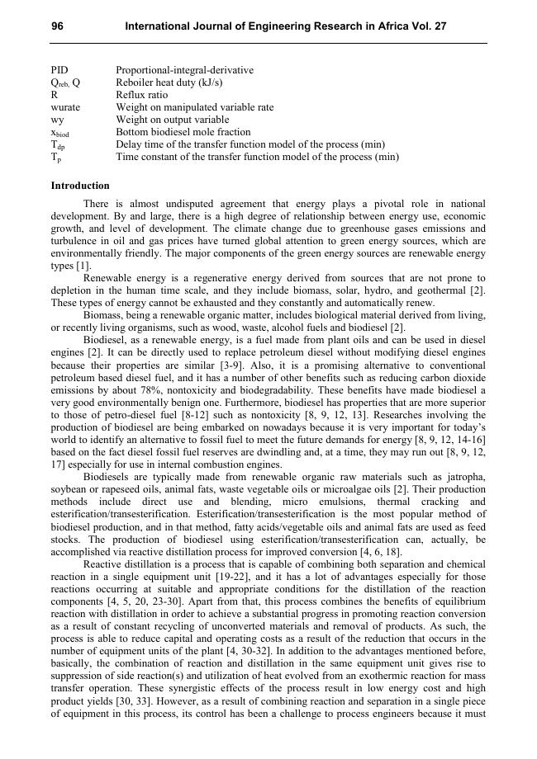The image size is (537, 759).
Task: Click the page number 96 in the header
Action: click(x=58, y=26)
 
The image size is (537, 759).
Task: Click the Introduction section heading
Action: click(x=80, y=186)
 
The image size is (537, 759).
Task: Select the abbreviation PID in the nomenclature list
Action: click(x=59, y=70)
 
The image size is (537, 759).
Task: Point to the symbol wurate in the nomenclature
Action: click(x=66, y=107)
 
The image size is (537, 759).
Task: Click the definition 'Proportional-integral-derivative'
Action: click(x=184, y=70)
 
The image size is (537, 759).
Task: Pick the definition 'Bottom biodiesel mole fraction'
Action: click(x=183, y=132)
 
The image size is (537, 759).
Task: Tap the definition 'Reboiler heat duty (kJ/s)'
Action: click(x=169, y=82)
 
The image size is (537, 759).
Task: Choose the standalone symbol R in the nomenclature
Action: click(x=55, y=95)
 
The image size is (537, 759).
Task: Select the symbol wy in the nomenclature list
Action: click(x=57, y=120)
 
